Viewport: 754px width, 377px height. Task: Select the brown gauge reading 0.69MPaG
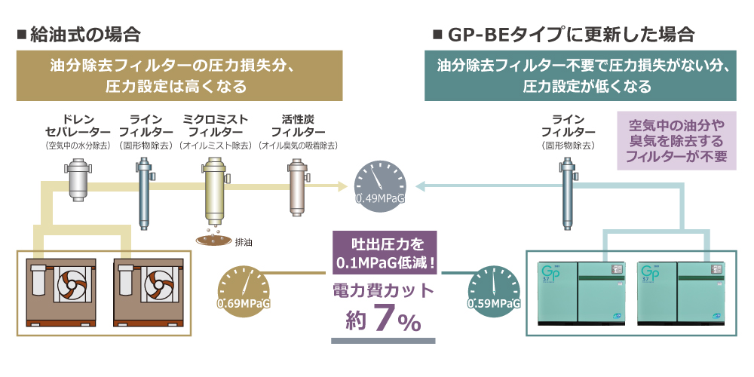pyautogui.click(x=243, y=290)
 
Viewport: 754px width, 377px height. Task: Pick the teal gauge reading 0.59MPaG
pyautogui.click(x=494, y=290)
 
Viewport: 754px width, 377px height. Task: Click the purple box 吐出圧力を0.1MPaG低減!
pyautogui.click(x=384, y=255)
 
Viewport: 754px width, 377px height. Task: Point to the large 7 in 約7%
pyautogui.click(x=384, y=319)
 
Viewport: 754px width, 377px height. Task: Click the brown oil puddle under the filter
pyautogui.click(x=210, y=241)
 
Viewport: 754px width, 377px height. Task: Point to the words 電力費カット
pyautogui.click(x=384, y=290)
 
